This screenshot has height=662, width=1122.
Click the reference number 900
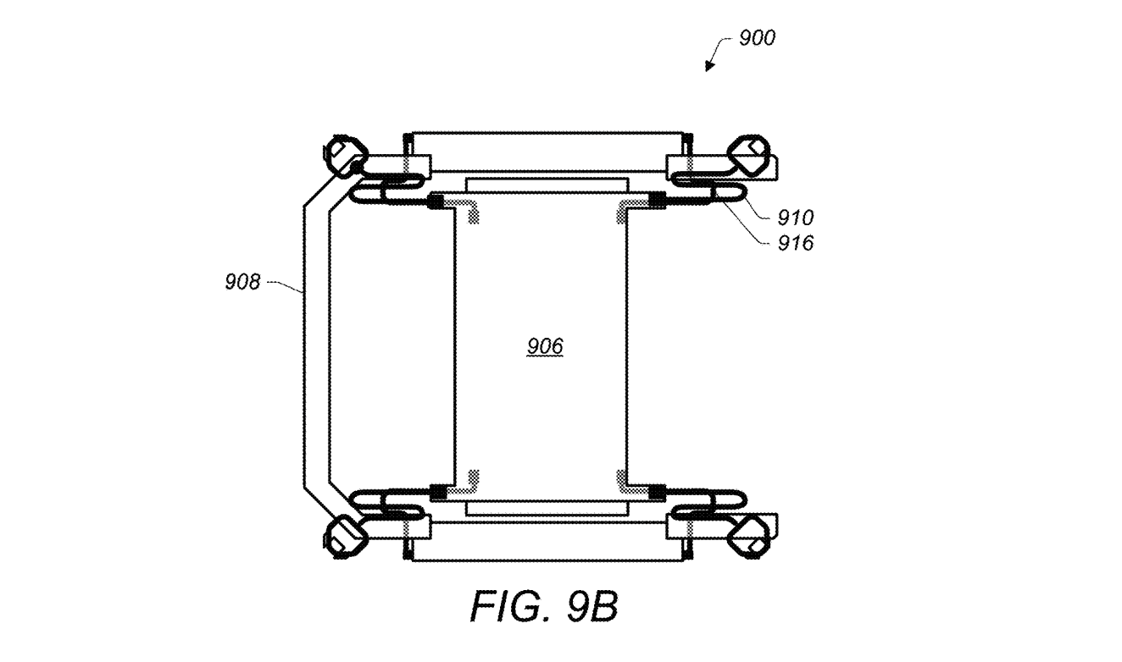(x=757, y=38)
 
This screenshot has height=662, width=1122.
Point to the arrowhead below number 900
(x=710, y=67)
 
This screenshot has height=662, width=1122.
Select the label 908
(x=242, y=283)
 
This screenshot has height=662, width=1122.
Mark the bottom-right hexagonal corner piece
(x=749, y=535)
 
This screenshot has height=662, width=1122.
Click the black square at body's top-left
(x=437, y=201)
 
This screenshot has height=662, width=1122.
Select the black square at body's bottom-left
(x=437, y=490)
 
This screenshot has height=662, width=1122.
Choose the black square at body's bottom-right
(x=655, y=490)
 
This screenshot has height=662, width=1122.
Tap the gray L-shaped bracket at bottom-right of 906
(x=626, y=484)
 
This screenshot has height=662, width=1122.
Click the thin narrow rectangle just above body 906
(x=547, y=184)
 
